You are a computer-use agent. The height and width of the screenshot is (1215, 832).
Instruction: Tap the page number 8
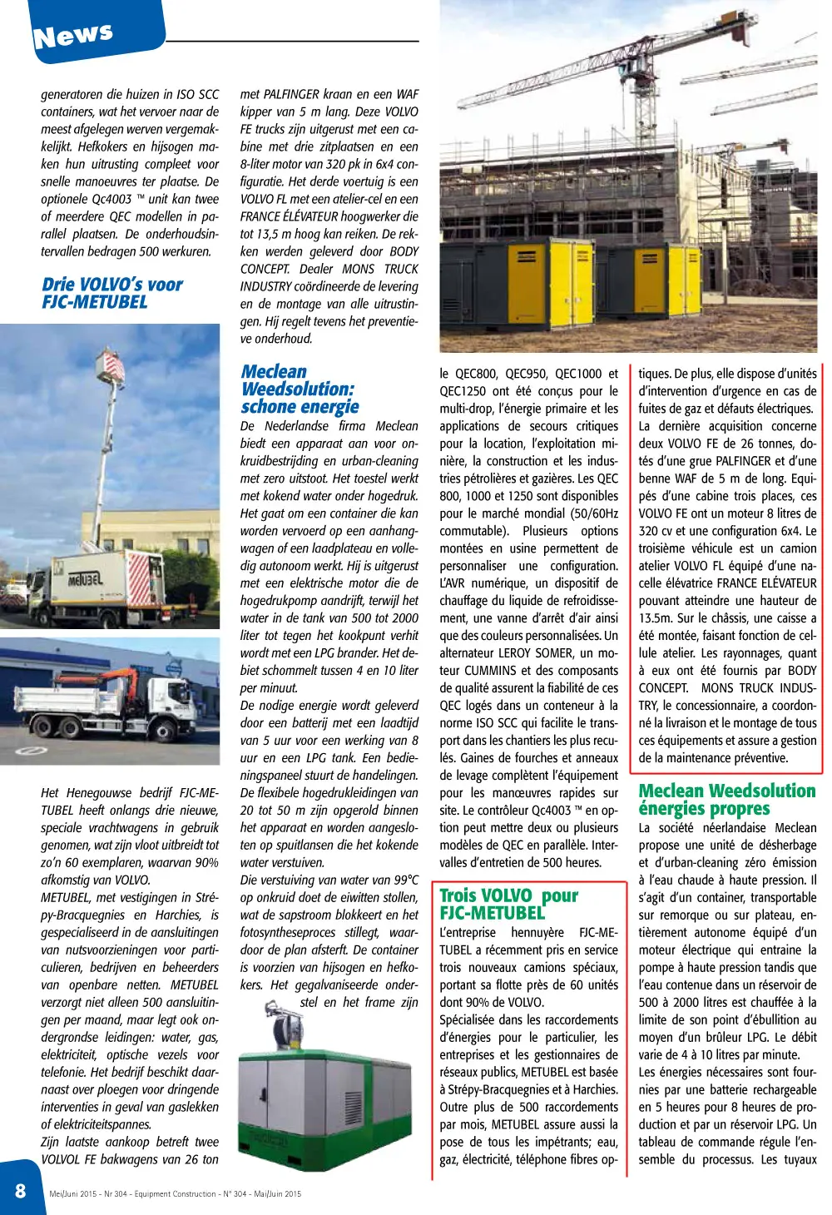click(20, 1191)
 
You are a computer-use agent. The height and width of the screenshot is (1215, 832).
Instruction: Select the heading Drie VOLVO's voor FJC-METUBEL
click(112, 293)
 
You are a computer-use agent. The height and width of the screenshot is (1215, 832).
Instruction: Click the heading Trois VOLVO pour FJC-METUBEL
click(509, 904)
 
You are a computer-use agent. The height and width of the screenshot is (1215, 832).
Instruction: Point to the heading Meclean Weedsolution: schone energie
click(300, 389)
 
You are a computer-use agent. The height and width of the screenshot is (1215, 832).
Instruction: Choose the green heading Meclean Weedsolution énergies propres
click(726, 799)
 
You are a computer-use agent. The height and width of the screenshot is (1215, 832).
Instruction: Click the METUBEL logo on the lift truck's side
click(85, 578)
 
